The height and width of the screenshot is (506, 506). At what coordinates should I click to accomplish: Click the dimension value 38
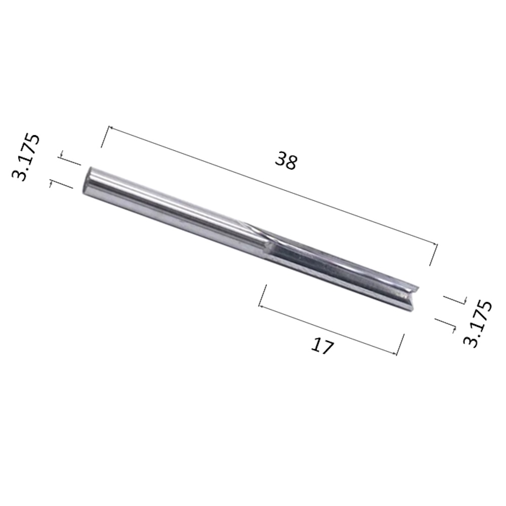point(286,161)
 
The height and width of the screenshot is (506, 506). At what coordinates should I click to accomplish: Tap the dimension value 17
point(322,347)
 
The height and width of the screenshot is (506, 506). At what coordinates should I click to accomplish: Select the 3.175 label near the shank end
point(26,157)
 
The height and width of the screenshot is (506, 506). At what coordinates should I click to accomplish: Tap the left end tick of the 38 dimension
point(105,137)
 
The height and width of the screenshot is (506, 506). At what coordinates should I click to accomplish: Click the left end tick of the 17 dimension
point(262,296)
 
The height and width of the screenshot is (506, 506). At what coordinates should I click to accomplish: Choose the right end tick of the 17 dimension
point(401,345)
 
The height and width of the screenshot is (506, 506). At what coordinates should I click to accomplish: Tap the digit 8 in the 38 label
point(291,162)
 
